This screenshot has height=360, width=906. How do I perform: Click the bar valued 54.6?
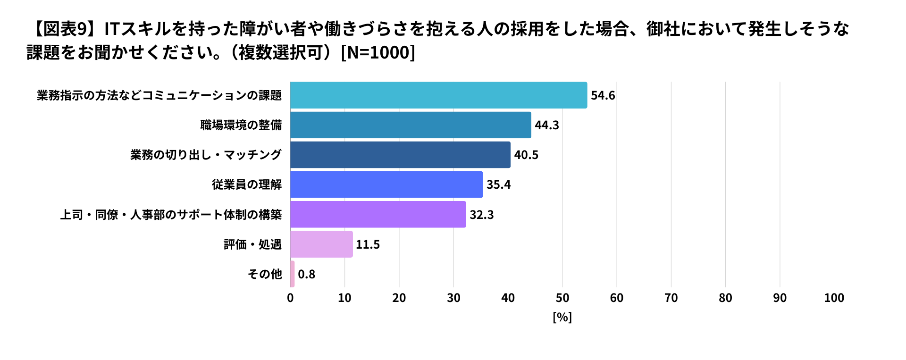coord(439,95)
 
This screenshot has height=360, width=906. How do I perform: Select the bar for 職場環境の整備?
coord(411,125)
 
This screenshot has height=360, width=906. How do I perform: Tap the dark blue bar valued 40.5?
coord(400,155)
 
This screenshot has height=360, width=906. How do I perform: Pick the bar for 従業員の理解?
coord(386,184)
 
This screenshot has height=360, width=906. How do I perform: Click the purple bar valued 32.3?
coord(378,215)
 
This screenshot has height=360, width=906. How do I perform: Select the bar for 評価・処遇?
coord(321,244)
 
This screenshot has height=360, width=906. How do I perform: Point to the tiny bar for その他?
coord(293,274)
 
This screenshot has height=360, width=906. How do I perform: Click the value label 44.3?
coord(547,125)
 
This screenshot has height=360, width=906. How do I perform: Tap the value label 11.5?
coord(368,244)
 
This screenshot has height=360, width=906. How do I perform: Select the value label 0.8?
coord(306,274)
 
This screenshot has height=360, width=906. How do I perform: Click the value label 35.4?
coord(498,184)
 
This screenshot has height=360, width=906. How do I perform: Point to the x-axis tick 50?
coord(562,298)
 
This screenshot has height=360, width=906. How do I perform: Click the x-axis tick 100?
coord(834,298)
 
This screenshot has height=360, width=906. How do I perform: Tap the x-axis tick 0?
coord(290,298)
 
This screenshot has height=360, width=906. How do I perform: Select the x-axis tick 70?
coord(671,298)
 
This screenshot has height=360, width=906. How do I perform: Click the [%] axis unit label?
coord(562,317)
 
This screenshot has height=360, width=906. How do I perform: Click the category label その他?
coord(265,274)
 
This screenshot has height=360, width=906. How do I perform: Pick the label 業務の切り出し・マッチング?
coord(206,155)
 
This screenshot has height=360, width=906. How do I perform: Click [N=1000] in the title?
coord(377,52)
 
